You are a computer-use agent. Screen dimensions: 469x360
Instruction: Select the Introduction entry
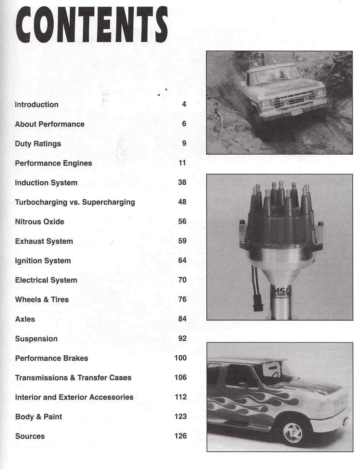(x=37, y=105)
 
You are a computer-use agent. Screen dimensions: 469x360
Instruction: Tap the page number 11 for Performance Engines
(x=182, y=163)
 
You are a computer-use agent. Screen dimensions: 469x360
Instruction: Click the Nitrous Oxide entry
(x=40, y=222)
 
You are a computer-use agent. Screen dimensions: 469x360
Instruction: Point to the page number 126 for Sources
(x=180, y=436)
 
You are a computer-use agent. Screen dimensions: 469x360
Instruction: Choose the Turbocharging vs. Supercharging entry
(x=75, y=202)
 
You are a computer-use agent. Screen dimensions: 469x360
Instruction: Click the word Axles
(x=25, y=319)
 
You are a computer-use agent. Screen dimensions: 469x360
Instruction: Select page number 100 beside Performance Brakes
(x=180, y=358)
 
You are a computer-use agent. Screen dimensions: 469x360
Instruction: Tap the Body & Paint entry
(x=38, y=417)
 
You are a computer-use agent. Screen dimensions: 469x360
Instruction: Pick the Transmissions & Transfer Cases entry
(x=73, y=378)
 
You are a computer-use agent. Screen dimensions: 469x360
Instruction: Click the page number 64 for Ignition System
(x=182, y=261)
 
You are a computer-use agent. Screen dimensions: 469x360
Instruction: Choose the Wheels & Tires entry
(x=42, y=300)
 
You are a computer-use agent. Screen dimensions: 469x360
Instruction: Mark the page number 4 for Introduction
(x=184, y=104)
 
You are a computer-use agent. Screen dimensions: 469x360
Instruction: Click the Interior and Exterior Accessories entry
(x=74, y=397)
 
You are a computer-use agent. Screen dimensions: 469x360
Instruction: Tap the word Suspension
(x=36, y=339)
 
